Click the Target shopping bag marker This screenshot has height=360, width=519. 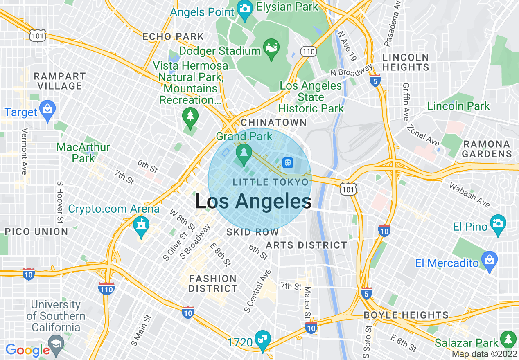(x=48, y=110)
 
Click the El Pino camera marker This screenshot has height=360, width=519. (x=498, y=224)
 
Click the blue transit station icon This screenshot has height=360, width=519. (x=288, y=162)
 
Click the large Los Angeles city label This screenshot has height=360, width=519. (x=253, y=201)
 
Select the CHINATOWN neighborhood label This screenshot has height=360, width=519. (x=274, y=122)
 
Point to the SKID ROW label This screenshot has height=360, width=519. (x=253, y=232)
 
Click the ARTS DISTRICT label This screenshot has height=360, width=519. (x=306, y=245)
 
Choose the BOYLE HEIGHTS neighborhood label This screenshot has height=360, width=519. (x=406, y=315)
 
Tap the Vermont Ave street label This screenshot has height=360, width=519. (x=24, y=151)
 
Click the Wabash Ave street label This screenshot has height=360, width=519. (x=469, y=194)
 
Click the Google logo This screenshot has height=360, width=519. (x=28, y=350)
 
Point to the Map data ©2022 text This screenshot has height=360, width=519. (x=484, y=354)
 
